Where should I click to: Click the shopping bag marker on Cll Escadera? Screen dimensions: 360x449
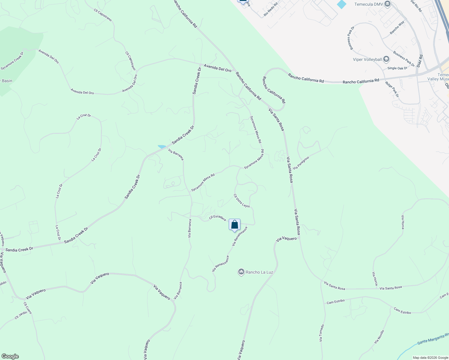click(234, 225)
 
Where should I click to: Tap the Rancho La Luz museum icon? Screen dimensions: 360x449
click(241, 272)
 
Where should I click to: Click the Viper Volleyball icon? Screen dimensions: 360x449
click(386, 59)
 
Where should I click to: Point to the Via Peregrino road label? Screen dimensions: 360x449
click(301, 163)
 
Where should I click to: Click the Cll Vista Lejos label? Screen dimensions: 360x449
click(242, 201)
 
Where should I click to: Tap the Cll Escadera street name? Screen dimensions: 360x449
click(217, 218)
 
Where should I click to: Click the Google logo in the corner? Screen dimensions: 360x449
click(10, 356)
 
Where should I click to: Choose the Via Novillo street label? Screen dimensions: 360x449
click(379, 337)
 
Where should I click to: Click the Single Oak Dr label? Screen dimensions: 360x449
click(397, 68)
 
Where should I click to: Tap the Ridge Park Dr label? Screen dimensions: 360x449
click(392, 89)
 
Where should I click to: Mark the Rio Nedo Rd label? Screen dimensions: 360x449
click(270, 10)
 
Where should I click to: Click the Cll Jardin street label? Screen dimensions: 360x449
click(21, 315)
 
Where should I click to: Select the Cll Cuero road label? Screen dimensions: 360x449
click(28, 308)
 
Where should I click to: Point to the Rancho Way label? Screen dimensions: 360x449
click(397, 27)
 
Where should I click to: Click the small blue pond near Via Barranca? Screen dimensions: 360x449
click(162, 147)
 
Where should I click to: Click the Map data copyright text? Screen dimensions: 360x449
click(430, 358)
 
